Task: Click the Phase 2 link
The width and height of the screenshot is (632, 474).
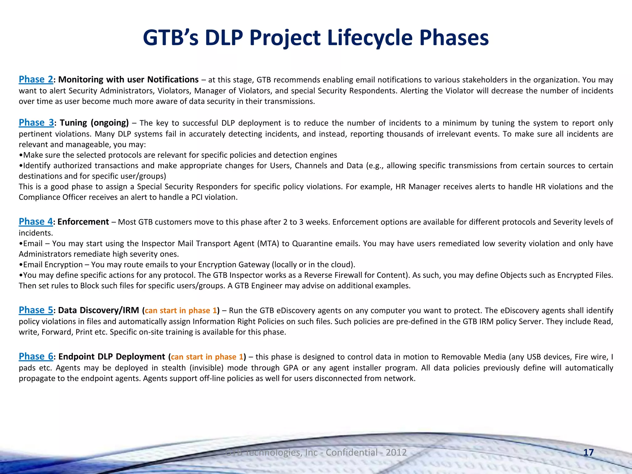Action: tap(36, 80)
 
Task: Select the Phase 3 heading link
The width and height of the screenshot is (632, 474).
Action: tap(36, 123)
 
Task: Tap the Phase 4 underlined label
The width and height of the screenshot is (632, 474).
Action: tap(35, 222)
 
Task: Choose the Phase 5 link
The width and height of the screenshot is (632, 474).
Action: tap(36, 310)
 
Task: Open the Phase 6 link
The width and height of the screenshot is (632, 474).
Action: tap(36, 356)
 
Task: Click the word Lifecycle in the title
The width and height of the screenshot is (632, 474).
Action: tap(370, 38)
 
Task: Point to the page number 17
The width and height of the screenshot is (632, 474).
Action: tap(588, 452)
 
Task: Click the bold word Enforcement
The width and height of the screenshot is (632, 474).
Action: tap(83, 222)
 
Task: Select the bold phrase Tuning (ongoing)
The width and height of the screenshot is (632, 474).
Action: tap(94, 123)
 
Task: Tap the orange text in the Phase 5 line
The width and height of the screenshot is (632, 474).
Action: tap(181, 310)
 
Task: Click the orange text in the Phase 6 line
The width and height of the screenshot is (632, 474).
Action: tap(207, 357)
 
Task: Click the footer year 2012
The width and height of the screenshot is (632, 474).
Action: tap(396, 452)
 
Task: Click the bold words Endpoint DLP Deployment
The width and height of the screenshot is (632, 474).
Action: tap(112, 357)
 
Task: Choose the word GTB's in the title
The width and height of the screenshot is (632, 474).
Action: tap(171, 38)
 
